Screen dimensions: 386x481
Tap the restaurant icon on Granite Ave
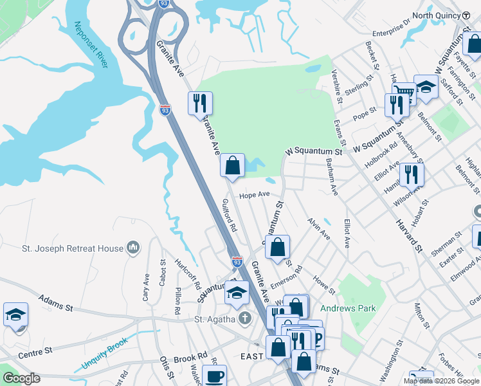[x=200, y=102]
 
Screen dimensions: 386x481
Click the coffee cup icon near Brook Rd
[x=214, y=376]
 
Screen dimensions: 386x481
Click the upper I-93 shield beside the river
[x=165, y=111]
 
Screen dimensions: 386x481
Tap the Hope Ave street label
[x=254, y=194]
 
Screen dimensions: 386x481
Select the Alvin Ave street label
[x=319, y=228]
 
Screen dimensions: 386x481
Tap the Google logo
[x=21, y=378]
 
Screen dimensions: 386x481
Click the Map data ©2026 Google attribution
[x=441, y=381]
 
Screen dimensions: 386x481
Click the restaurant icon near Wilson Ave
[x=412, y=174]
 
